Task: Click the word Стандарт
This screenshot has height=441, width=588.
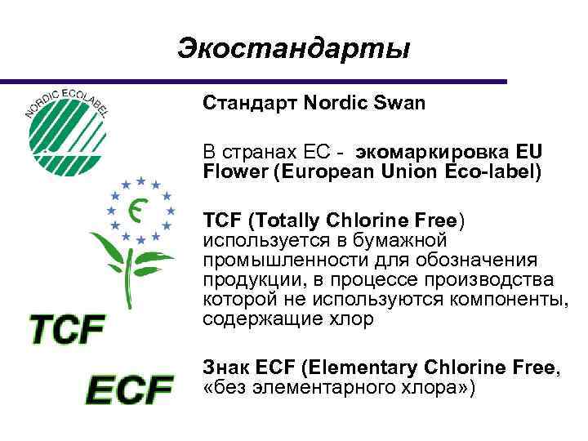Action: [x=250, y=104]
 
